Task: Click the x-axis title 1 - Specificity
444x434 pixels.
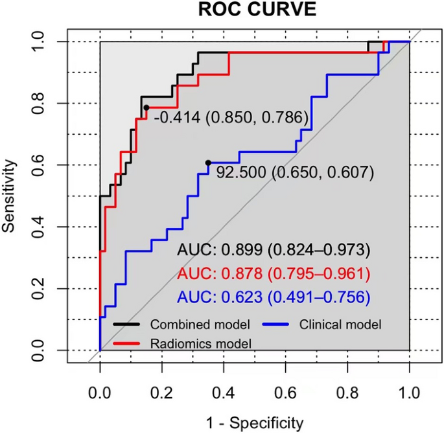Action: [x=254, y=423]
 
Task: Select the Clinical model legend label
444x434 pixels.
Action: [x=341, y=323]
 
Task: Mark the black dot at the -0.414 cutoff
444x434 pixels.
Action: [x=146, y=108]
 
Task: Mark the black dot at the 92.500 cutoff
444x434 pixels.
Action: [x=208, y=163]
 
